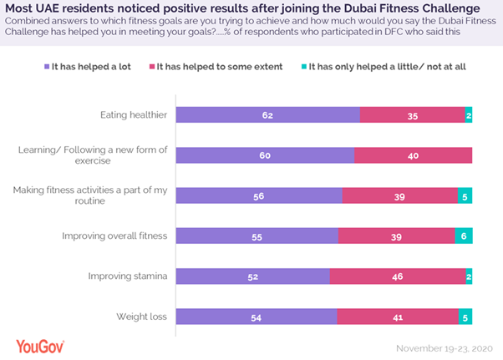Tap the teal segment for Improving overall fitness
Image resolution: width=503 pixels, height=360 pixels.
[464, 236]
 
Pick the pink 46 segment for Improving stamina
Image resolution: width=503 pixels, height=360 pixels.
[398, 276]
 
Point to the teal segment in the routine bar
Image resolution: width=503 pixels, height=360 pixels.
[465, 195]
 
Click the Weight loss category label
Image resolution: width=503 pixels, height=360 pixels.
[144, 317]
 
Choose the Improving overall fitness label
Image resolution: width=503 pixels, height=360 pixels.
[114, 236]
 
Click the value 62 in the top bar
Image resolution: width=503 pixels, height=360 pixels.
[267, 115]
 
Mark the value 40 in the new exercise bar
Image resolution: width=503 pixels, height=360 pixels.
[414, 155]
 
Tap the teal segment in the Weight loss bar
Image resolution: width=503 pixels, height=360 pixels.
[465, 317]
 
